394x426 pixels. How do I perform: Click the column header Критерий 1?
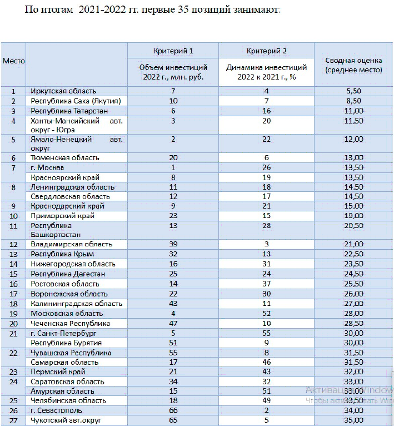[173, 51]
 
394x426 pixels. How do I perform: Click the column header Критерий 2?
[266, 51]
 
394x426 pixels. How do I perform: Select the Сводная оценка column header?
[353, 66]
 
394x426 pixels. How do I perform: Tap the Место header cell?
[13, 61]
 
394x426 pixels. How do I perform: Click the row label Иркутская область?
[64, 91]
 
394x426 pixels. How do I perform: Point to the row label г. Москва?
[48, 167]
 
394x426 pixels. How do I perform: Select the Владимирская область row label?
[72, 244]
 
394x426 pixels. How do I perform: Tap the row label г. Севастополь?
[57, 410]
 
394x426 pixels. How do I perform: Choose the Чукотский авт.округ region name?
[67, 420]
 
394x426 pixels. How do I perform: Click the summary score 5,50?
[353, 91]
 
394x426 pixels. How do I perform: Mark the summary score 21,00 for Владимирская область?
[353, 244]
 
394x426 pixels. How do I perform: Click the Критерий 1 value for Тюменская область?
[173, 158]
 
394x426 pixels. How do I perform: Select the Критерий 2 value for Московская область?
[266, 314]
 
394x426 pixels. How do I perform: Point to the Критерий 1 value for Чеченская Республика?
[173, 323]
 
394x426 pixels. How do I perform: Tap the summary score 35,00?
[353, 420]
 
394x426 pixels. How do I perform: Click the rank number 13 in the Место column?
[13, 254]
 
